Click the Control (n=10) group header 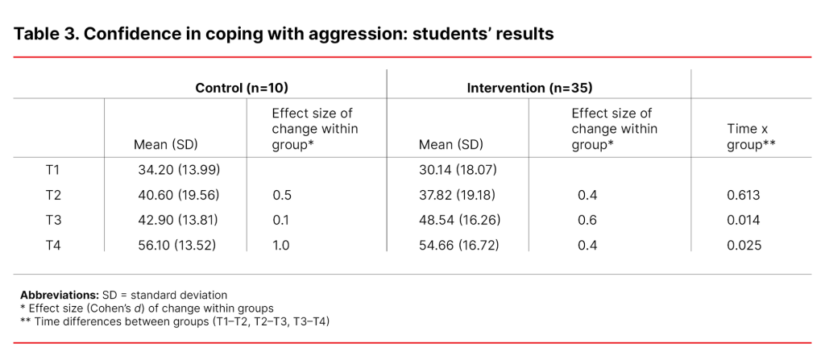[242, 87]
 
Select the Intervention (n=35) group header [529, 87]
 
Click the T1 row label [53, 170]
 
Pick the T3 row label [53, 220]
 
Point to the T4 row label [53, 245]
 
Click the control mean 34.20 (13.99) [180, 170]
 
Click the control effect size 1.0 [281, 245]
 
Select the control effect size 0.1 [280, 220]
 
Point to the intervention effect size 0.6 [587, 220]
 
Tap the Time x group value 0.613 [744, 195]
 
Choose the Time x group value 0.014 [744, 220]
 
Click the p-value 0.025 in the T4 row [744, 245]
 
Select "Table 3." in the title [46, 35]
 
